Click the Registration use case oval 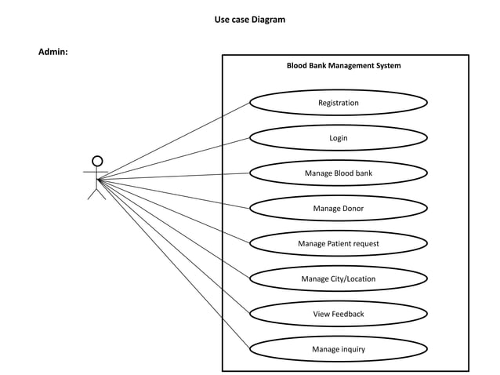coord(339,103)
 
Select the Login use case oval coord(339,138)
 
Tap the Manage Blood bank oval coord(339,173)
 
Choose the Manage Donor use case coord(339,209)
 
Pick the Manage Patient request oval coord(339,244)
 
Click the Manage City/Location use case coord(339,279)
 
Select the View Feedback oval coord(339,315)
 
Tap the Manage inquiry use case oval coord(339,350)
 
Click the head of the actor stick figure coord(97,161)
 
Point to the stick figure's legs coord(96,192)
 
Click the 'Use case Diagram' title coord(250,20)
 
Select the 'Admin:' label coord(53,52)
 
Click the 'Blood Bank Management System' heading coord(343,66)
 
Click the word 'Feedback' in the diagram coord(348,315)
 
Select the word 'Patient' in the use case coord(339,244)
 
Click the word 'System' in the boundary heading coord(386,66)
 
